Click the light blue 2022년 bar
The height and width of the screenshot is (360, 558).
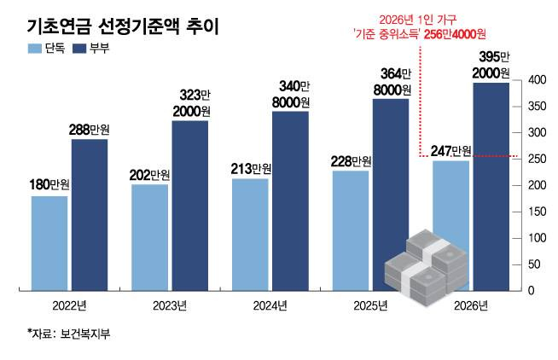[x=49, y=243]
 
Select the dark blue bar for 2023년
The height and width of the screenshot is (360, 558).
[x=189, y=206]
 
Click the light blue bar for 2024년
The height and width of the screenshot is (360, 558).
[x=250, y=235]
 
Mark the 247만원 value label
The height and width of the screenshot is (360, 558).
[x=450, y=151]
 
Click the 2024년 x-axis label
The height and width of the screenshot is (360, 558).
[x=270, y=306]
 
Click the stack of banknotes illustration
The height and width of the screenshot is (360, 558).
[x=421, y=266]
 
